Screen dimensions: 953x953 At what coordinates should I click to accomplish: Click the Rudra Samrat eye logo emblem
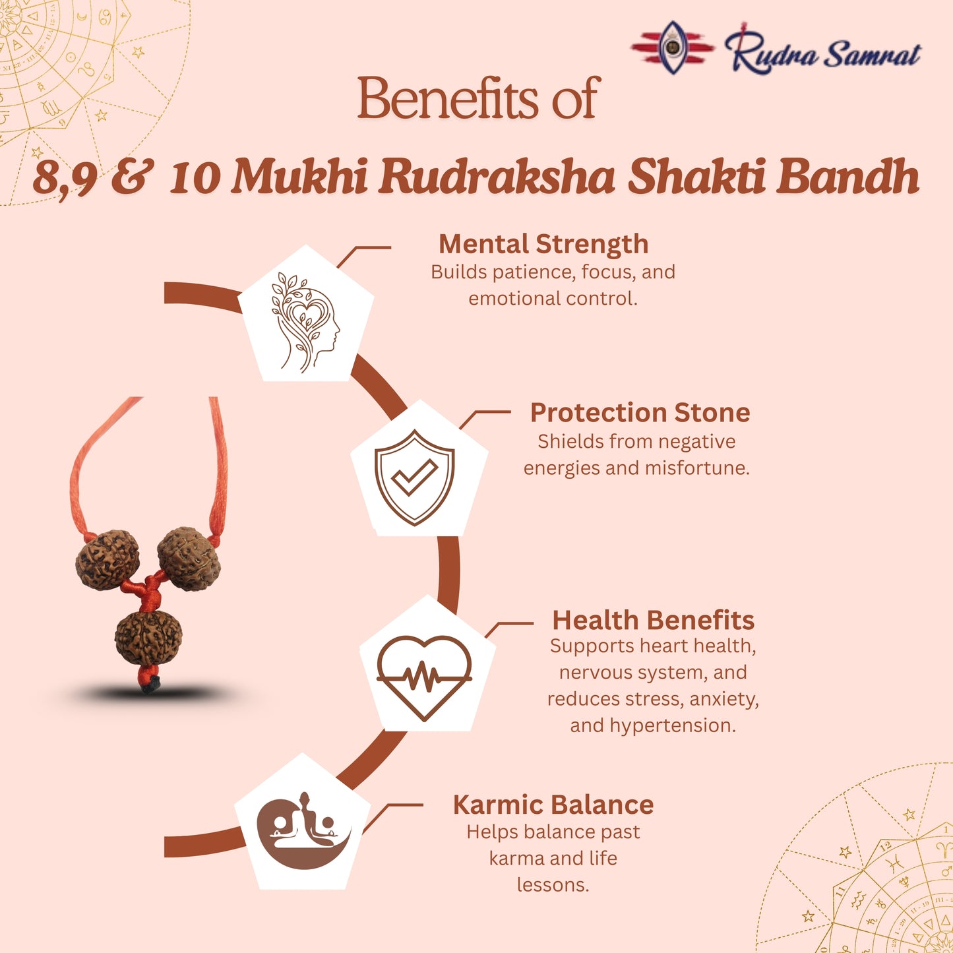point(672,47)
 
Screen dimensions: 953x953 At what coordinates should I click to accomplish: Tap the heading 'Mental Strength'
point(543,244)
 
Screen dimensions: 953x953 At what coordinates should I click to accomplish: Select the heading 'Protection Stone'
point(640,413)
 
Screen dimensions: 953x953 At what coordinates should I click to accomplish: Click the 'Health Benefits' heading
point(653,620)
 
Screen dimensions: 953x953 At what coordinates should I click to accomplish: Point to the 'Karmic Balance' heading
point(553,805)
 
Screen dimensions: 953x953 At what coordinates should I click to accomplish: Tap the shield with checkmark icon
point(414,477)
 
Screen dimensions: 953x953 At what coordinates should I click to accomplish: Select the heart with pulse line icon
point(424,677)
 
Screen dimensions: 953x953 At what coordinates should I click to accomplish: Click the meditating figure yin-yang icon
point(303,829)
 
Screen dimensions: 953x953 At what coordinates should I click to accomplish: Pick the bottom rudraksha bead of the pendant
point(148,637)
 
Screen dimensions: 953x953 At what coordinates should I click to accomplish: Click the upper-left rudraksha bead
point(108,559)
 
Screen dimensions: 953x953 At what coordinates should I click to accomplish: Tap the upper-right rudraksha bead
point(189,558)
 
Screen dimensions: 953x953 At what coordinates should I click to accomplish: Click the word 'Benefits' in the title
point(448,99)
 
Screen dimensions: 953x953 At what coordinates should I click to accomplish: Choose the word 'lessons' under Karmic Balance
point(553,884)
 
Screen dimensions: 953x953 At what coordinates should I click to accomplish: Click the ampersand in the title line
point(133,177)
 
